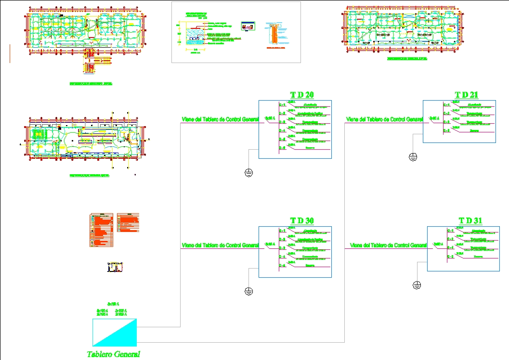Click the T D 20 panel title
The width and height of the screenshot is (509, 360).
point(302,95)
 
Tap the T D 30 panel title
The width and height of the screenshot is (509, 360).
point(302,221)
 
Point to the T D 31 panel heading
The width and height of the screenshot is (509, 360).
point(470,221)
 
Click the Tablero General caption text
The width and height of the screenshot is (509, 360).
point(114,354)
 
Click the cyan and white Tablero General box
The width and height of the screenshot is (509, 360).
point(115,332)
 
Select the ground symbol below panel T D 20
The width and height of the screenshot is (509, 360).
point(248,173)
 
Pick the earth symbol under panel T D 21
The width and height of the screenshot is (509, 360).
point(413,156)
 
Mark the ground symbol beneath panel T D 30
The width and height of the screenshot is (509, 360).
point(248,291)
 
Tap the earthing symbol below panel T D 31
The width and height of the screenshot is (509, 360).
point(417,285)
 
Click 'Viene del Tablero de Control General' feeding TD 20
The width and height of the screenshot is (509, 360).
point(220,119)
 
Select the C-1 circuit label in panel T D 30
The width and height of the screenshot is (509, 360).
point(283,231)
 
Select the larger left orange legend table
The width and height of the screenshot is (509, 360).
point(102,230)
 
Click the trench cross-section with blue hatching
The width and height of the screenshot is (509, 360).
point(196,36)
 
